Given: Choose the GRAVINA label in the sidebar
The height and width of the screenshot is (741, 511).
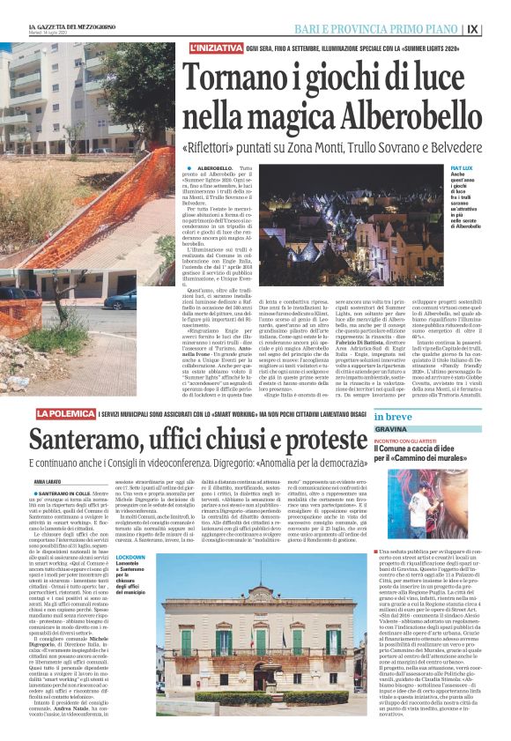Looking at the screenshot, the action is (391, 429).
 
